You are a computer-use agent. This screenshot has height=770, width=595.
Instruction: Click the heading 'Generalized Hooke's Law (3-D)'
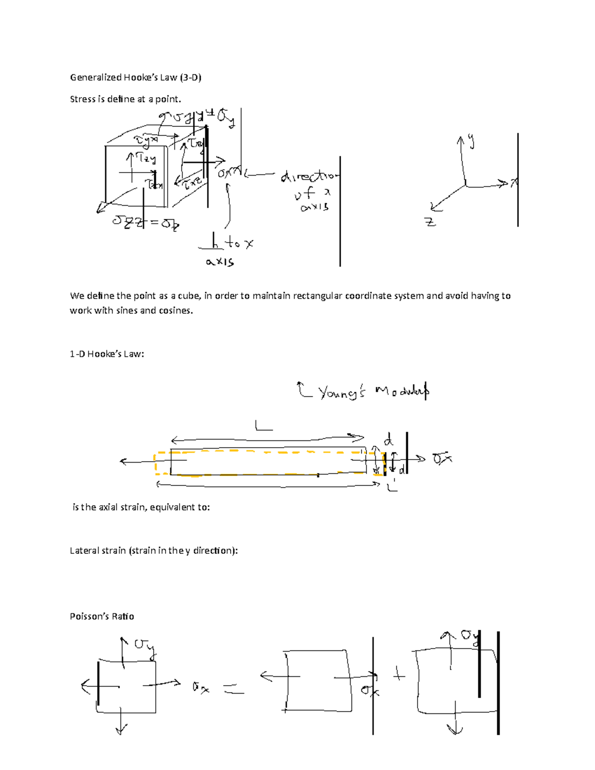tap(135, 77)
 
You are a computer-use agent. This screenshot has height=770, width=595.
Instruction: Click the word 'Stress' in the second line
tap(82, 99)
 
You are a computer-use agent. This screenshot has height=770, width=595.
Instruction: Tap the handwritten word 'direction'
tap(310, 177)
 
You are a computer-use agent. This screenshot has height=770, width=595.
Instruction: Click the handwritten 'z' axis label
tap(430, 222)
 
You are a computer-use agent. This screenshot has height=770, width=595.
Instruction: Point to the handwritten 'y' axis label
tap(471, 142)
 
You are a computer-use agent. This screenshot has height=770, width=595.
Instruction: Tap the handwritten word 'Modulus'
tap(402, 391)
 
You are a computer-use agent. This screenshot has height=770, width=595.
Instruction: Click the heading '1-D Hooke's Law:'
tap(107, 354)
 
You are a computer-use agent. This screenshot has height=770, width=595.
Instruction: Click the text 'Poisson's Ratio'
tap(102, 616)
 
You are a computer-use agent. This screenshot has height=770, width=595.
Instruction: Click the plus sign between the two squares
tap(399, 675)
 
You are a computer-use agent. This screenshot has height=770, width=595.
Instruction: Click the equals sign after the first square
tap(233, 689)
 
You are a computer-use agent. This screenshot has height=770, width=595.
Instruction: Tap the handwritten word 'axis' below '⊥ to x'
tap(220, 262)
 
